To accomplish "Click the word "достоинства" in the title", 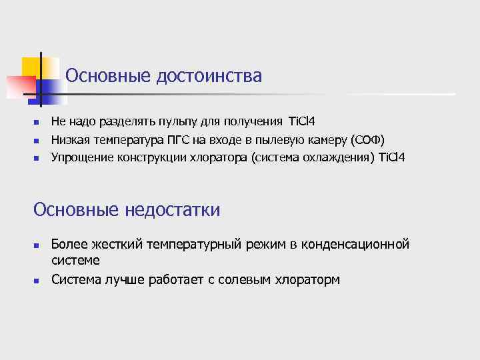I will coord(209,76).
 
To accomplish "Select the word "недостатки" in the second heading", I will coord(172,211).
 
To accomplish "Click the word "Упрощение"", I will coord(81,157).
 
